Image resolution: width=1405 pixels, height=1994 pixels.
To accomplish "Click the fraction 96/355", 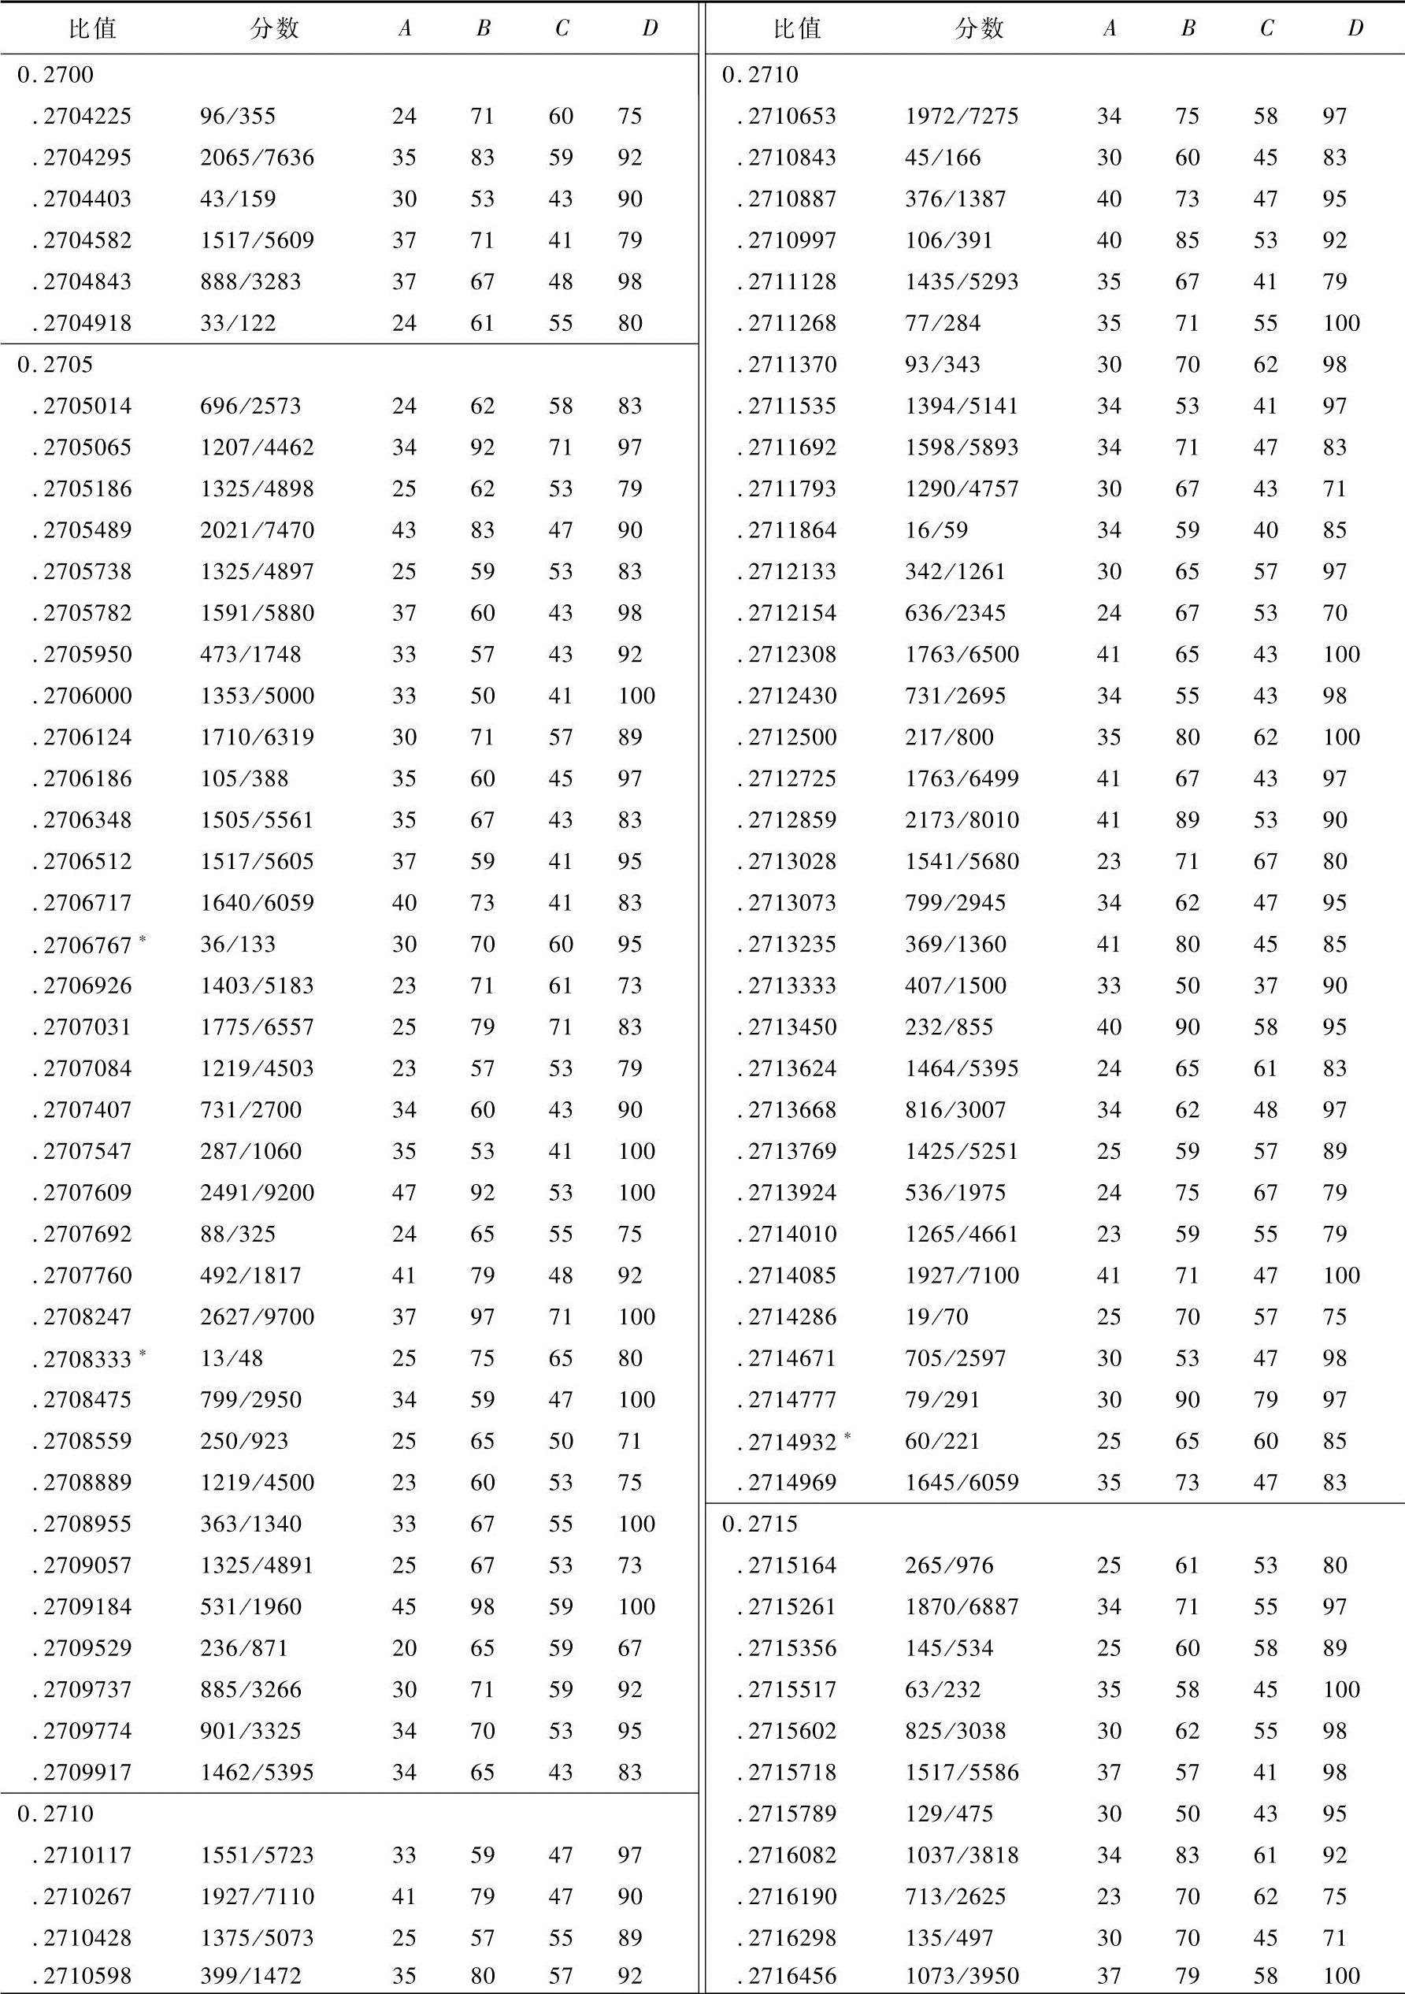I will coord(237,117).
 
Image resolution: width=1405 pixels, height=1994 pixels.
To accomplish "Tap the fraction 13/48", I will coord(231,1358).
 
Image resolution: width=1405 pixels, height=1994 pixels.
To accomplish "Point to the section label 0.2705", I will coord(54,365).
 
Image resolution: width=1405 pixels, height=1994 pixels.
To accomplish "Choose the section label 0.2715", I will coord(760,1524).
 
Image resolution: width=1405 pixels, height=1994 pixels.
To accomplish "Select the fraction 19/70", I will coord(936,1317).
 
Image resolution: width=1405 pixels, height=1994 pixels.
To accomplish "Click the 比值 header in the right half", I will coord(796,28).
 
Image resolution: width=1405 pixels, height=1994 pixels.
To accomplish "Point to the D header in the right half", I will coord(1355,28).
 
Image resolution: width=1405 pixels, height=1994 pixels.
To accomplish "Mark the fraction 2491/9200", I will coord(257,1193).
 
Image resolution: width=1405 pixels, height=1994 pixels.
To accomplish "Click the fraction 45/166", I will coord(942,158).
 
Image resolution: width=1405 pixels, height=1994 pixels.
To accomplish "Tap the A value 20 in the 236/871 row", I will coord(404,1648).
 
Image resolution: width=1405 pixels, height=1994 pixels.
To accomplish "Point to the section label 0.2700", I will coord(54,76).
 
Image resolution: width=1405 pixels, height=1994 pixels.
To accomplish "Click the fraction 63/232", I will coord(942,1689).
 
